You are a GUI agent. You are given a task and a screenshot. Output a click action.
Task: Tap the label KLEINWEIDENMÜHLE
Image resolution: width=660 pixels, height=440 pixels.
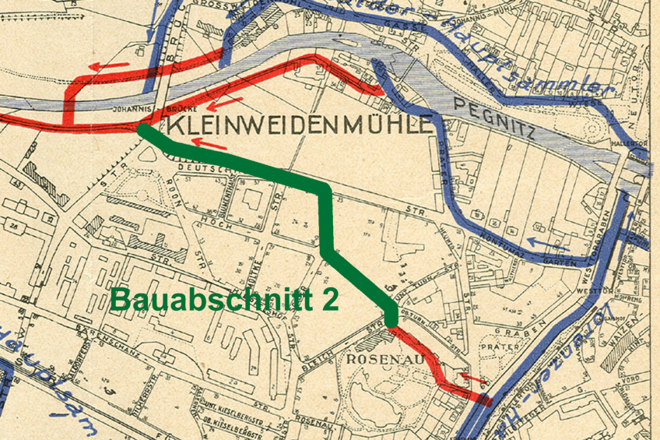(300, 125)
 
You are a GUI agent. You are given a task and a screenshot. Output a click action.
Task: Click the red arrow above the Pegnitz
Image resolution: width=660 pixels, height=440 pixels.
(108, 66)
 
